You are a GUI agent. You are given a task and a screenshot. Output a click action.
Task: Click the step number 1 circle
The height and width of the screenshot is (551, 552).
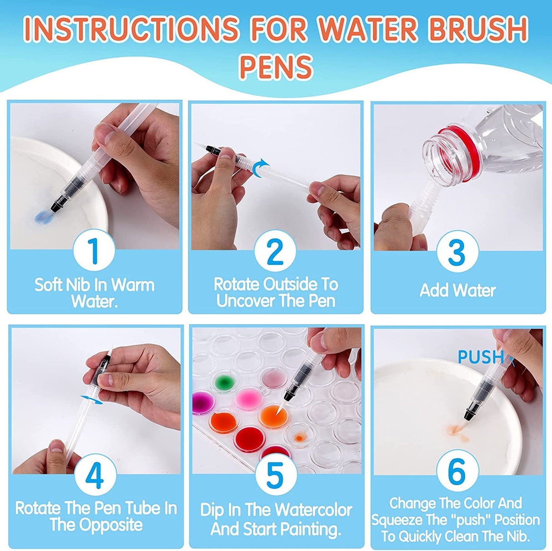pyautogui.click(x=94, y=250)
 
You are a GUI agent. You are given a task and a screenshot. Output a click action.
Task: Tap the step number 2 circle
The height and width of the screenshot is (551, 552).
pyautogui.click(x=275, y=251)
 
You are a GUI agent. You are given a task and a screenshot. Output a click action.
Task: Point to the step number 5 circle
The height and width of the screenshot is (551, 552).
pyautogui.click(x=275, y=475)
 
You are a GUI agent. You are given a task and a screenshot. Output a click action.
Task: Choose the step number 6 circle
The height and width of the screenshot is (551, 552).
pyautogui.click(x=457, y=471)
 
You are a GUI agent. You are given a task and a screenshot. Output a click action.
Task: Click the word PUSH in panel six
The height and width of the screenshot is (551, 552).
pyautogui.click(x=481, y=357)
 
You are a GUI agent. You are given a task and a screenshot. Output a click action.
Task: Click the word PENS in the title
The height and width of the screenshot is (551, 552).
pyautogui.click(x=276, y=66)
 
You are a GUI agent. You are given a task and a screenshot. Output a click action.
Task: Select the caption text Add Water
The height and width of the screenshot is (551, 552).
pyautogui.click(x=457, y=290)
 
